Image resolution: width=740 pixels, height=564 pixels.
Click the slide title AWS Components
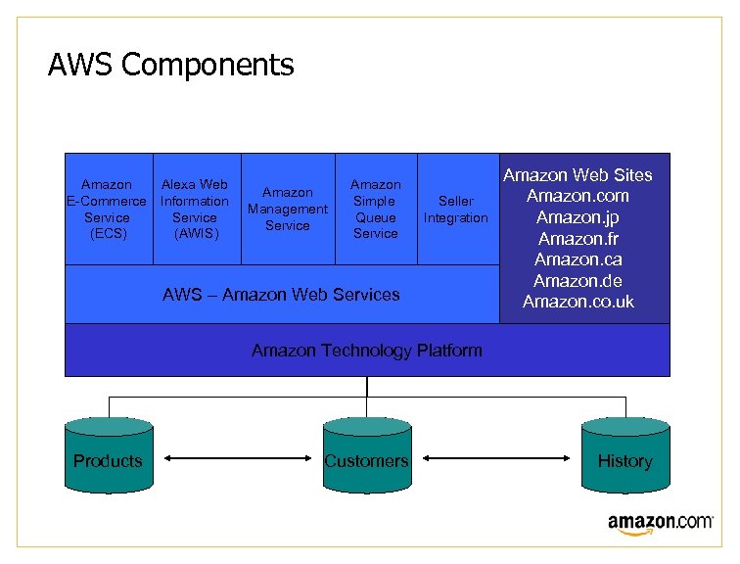click(170, 66)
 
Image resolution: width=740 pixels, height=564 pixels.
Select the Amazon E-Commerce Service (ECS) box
click(108, 209)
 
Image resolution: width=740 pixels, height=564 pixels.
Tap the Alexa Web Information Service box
click(195, 209)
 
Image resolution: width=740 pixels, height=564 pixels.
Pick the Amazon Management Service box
click(288, 209)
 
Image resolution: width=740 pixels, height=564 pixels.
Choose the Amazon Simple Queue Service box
click(376, 209)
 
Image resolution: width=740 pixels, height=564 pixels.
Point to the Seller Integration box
click(456, 209)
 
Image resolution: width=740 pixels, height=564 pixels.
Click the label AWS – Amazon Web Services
click(281, 294)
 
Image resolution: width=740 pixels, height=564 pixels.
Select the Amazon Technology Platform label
click(366, 350)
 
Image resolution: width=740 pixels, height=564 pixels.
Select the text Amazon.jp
click(578, 217)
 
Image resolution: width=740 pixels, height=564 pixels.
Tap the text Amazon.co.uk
click(578, 302)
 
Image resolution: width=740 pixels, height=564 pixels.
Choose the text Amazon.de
click(578, 281)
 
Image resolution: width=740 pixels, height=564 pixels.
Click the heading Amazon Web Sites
click(578, 175)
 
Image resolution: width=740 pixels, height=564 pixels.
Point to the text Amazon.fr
click(578, 239)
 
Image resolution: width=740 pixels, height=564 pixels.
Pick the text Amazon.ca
click(578, 259)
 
